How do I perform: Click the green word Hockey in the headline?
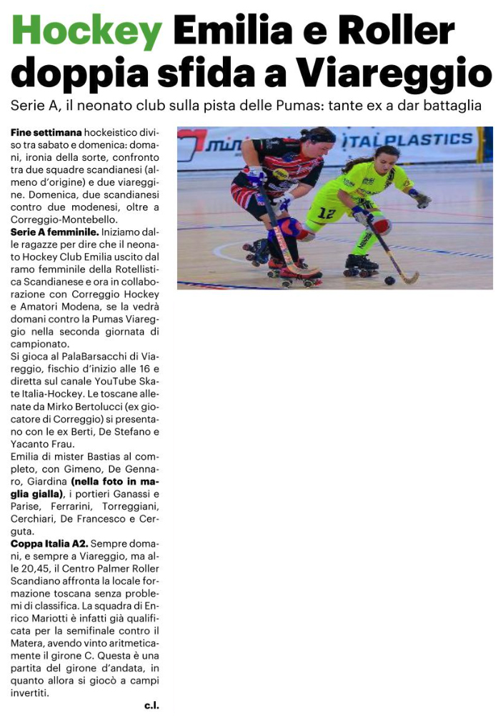(86, 32)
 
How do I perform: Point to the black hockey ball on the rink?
(390, 280)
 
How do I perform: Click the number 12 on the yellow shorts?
(327, 212)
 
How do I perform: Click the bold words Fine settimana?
(46, 133)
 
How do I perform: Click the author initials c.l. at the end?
(151, 705)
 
